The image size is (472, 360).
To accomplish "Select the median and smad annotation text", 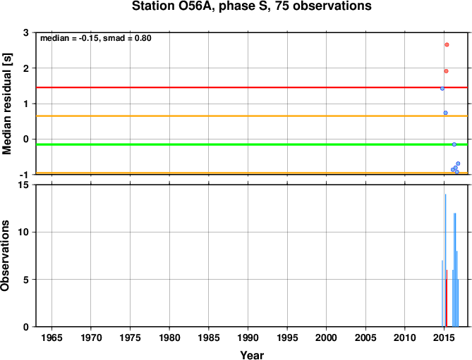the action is (96, 38).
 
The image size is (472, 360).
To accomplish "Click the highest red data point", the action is (447, 45).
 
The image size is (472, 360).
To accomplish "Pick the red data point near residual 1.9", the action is (446, 71).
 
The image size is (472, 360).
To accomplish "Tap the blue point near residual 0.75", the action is (445, 113).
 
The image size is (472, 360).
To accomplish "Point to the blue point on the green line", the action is (454, 144).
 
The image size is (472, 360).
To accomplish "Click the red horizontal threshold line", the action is (252, 87).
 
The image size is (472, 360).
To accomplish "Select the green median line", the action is (252, 144).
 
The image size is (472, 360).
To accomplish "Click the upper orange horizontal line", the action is (252, 116).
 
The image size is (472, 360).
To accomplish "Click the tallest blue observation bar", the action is (445, 260).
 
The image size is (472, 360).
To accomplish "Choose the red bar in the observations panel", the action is (447, 298).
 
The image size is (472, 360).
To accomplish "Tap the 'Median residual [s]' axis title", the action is (7, 104).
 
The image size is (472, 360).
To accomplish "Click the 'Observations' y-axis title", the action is (5, 256).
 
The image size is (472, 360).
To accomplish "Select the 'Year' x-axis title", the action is (252, 355).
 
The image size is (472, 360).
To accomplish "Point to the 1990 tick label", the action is (248, 337).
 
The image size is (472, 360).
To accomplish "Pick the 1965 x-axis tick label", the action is (52, 337).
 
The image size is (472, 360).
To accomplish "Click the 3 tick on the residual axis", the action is (26, 32).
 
